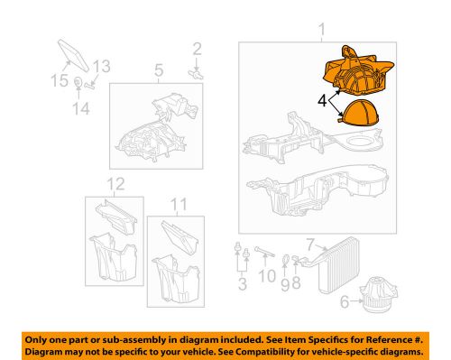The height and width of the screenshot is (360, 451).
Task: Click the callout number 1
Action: [320, 34]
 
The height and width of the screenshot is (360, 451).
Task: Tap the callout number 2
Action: [198, 49]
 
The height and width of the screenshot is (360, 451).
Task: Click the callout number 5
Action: [157, 69]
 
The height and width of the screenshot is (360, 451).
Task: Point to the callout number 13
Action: [101, 65]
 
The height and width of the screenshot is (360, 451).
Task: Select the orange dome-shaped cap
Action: [358, 115]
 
